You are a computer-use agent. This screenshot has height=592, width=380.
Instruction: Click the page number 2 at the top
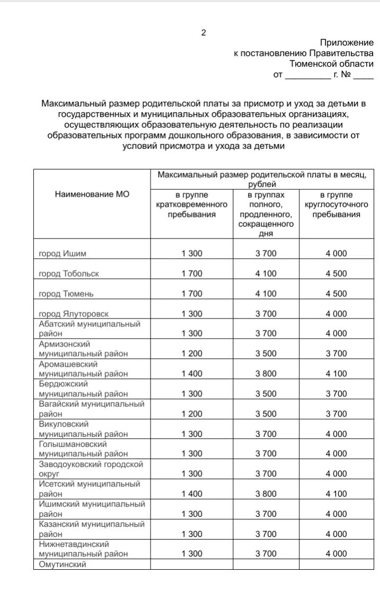(x=204, y=33)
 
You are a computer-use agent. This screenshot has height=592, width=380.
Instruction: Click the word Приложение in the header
(x=347, y=42)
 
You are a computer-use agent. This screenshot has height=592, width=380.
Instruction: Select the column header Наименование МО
(x=92, y=194)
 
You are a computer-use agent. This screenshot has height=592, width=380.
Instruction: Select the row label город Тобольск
(x=69, y=273)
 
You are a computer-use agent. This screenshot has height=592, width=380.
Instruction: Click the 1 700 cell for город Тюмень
(x=191, y=294)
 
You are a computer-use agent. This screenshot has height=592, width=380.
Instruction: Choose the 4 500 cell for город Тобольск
(x=336, y=273)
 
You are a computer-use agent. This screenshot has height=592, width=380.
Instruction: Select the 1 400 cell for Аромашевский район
(x=191, y=374)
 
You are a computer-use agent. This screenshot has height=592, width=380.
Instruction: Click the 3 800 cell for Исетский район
(x=266, y=493)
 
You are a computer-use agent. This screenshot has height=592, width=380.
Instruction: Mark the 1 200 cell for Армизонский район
(x=191, y=354)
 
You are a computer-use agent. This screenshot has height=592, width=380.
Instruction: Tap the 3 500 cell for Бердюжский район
(x=266, y=394)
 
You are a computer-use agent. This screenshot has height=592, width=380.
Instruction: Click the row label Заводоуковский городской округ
(x=91, y=469)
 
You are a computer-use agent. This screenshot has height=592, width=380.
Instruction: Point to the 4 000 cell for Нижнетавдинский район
(x=336, y=553)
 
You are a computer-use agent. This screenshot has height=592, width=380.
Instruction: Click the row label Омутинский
(x=63, y=564)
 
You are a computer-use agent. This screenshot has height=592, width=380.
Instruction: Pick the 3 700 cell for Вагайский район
(x=336, y=413)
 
